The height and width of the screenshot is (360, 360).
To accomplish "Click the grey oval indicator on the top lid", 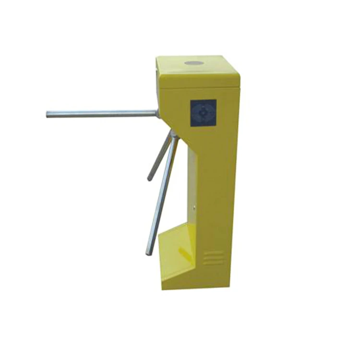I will point(193,63).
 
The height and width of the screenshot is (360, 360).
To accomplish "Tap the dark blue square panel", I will point(203,113).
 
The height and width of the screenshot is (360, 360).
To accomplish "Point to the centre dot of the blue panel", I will point(203,113).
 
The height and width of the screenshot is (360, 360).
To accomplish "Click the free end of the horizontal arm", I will point(48,114).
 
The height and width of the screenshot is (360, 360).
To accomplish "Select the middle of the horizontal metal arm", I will point(102,114).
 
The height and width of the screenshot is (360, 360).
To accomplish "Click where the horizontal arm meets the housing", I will point(156,113).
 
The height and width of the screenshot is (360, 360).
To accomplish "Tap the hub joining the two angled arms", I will point(174,136).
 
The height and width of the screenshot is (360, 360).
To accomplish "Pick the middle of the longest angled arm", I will point(162,194).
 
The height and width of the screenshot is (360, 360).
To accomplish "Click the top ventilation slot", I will point(213,252).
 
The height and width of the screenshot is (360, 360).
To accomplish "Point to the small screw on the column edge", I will point(194,208).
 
